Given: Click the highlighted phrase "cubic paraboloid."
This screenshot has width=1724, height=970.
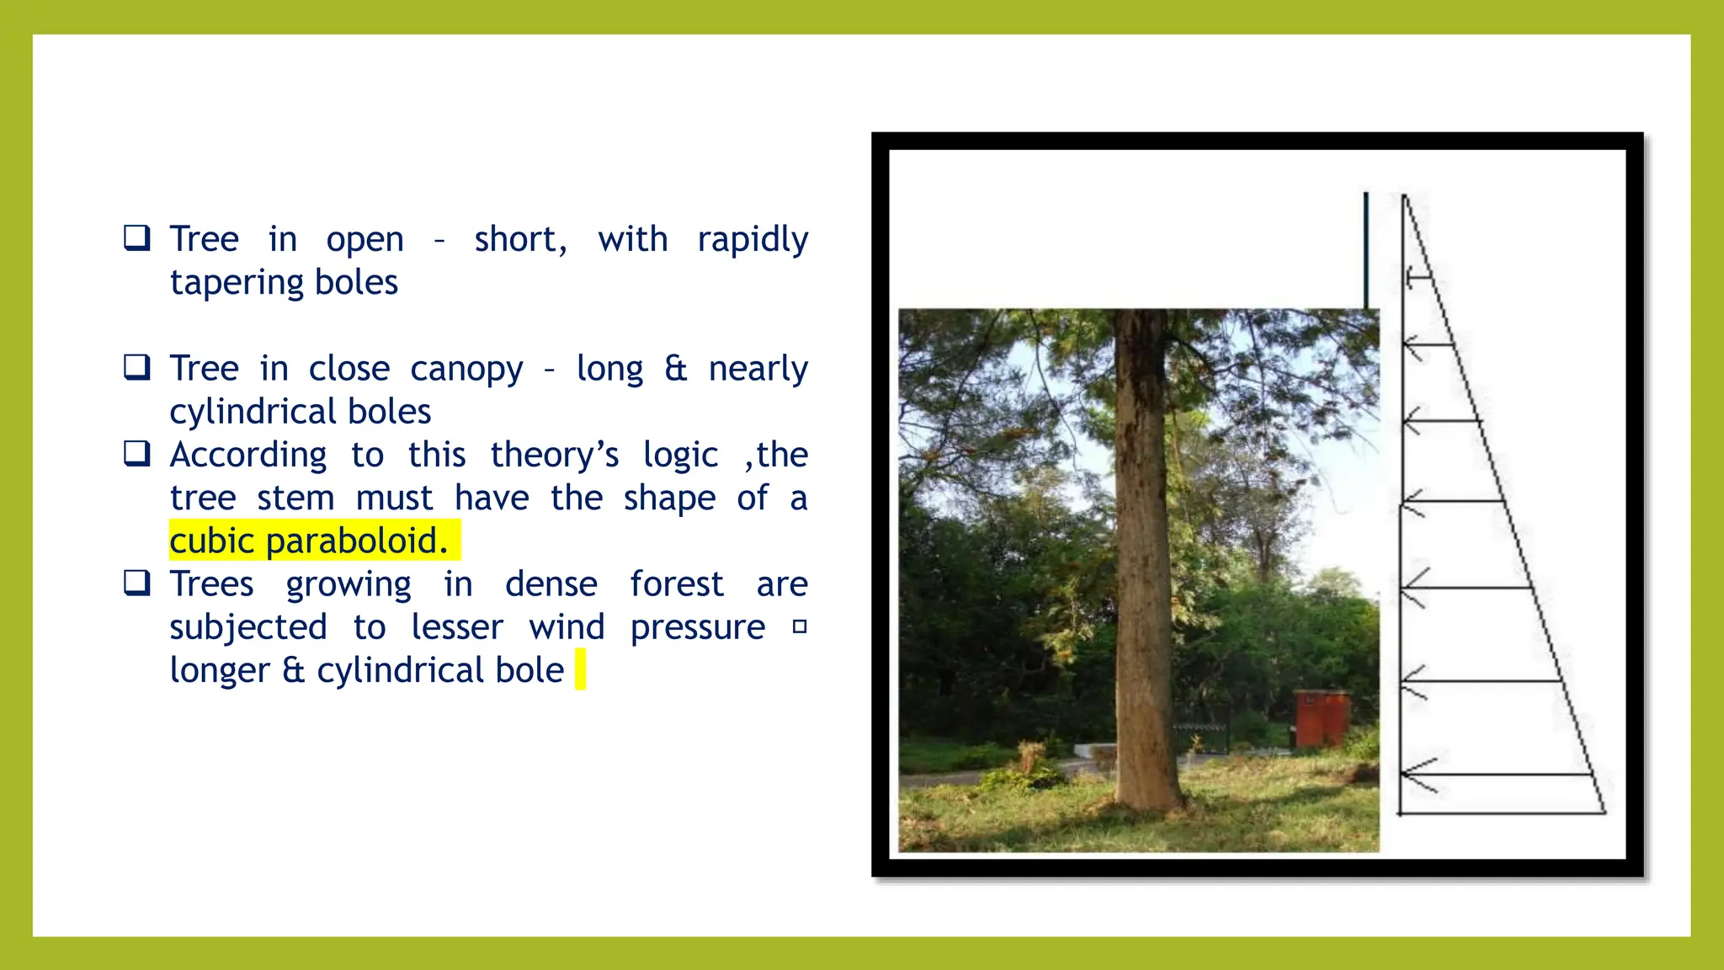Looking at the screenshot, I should click(x=308, y=541).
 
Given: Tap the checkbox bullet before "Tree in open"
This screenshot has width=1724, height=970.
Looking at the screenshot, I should click(x=136, y=238).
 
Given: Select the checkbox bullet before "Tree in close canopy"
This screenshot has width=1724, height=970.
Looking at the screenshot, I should click(x=136, y=367).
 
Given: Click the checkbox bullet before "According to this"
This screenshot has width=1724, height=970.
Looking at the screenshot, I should click(x=136, y=454).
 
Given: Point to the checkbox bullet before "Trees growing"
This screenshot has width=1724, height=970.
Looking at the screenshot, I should click(x=136, y=583).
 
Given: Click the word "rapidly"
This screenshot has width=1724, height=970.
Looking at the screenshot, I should click(x=753, y=240).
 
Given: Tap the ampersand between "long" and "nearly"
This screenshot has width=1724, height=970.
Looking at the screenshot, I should click(x=675, y=369).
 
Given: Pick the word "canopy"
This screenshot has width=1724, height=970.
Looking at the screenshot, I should click(x=466, y=370).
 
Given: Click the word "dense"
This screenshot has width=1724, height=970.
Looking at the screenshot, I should click(x=551, y=584).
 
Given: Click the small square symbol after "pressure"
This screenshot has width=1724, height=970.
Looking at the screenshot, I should click(x=800, y=626).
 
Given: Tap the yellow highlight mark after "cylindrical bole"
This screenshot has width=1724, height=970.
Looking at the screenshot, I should click(x=580, y=669).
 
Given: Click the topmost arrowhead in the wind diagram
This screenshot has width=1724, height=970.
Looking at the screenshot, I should click(x=1409, y=275).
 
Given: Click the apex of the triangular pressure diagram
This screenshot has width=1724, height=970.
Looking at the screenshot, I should click(x=1404, y=197).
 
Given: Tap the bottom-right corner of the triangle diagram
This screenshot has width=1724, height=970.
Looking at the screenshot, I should click(x=1604, y=813).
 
